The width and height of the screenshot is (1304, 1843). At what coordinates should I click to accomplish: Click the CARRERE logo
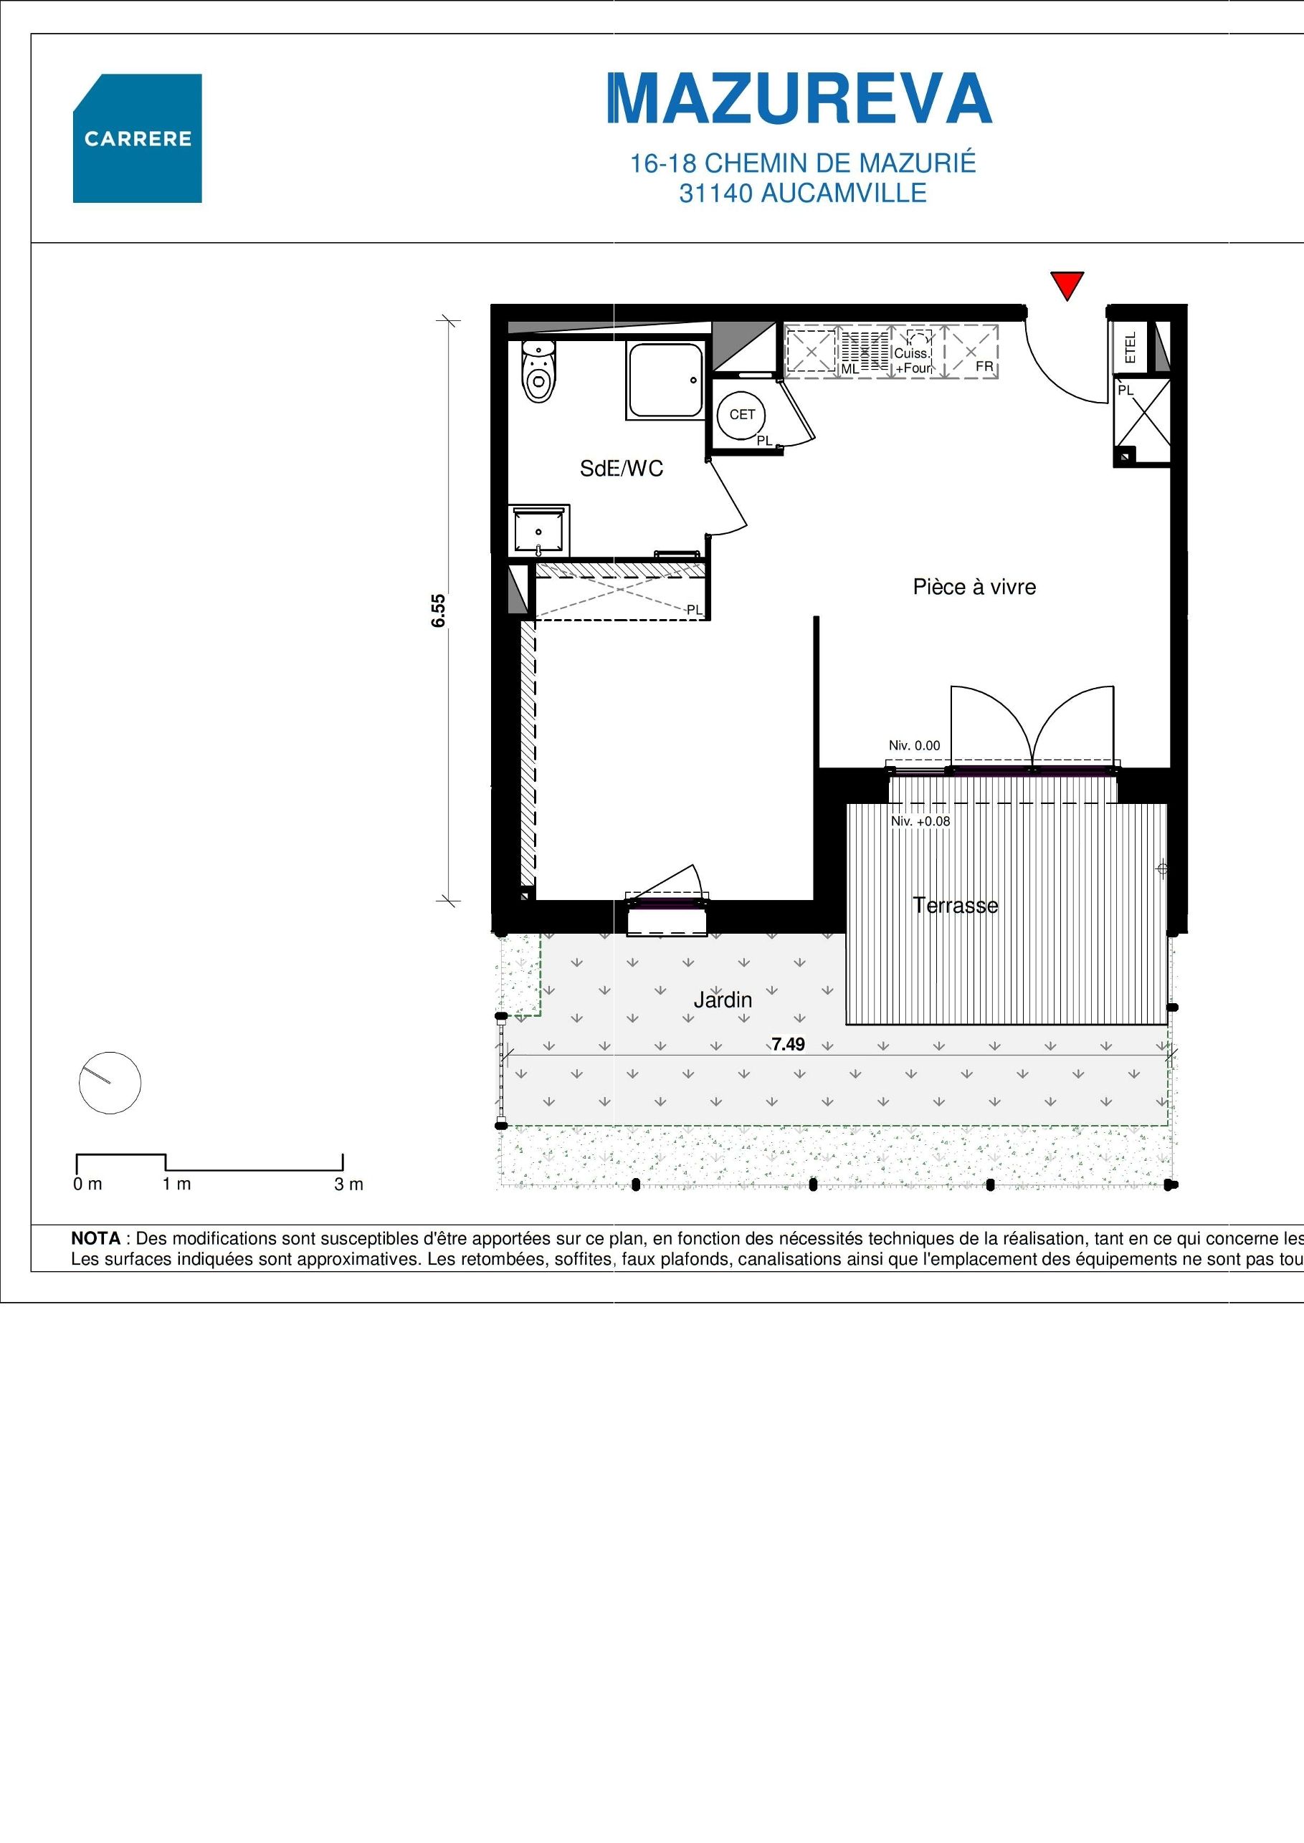(138, 138)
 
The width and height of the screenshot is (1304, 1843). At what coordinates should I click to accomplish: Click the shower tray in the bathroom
(666, 380)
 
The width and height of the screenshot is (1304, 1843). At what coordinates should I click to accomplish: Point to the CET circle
(741, 415)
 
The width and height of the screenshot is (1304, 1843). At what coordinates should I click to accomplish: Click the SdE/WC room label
(622, 469)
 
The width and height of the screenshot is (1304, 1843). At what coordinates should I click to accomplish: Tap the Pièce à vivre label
(974, 587)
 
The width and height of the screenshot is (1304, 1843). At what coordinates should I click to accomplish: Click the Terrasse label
(956, 906)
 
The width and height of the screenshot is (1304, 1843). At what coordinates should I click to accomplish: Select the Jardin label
(723, 1000)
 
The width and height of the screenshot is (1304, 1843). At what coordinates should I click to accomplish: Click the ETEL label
(1131, 348)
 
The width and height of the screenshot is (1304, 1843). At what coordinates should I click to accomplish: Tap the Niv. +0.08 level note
(920, 822)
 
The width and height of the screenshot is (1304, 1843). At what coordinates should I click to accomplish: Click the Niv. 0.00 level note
(914, 746)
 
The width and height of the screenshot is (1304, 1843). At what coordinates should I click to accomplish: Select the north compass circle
(110, 1083)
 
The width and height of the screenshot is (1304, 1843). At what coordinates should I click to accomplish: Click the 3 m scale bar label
(348, 1184)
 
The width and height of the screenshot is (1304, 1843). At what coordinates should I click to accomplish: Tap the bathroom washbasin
(539, 530)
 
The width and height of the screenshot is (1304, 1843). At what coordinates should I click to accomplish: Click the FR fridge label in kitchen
(984, 367)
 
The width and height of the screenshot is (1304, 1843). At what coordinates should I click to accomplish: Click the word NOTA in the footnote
(95, 1238)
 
